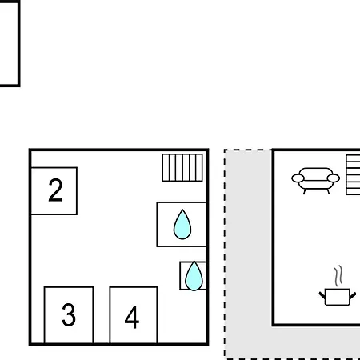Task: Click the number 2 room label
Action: point(55,190)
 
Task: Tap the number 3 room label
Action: point(69,314)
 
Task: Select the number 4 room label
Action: point(132,317)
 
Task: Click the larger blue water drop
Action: point(182,225)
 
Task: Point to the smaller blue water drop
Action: point(194,276)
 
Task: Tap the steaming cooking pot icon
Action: point(338,286)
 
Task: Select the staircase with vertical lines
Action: point(182,168)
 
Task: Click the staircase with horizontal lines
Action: point(353,175)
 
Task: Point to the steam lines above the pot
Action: point(338,276)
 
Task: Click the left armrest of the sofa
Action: point(298,178)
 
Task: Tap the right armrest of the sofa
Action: point(334,178)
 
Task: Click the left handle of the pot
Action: point(322,295)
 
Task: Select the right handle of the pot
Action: point(353,295)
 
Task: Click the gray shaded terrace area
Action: point(248,254)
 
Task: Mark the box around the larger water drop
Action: point(157,225)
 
